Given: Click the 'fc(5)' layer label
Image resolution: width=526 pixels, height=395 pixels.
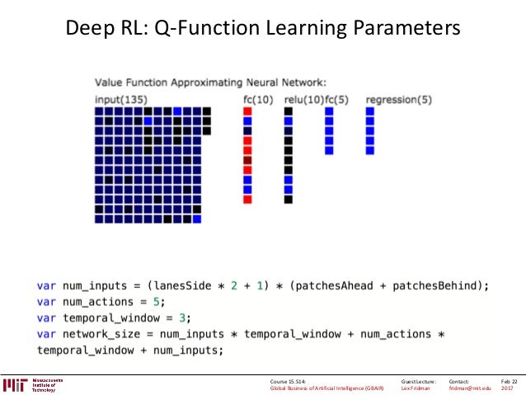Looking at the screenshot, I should click(336, 100).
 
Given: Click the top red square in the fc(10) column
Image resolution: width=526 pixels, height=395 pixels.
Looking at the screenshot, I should click(247, 111).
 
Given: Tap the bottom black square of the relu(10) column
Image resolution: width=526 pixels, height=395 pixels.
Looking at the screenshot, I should click(289, 200).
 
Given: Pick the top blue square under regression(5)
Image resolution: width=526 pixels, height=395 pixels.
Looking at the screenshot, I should click(370, 111).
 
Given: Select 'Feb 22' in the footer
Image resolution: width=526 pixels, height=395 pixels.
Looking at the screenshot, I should click(509, 381).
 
